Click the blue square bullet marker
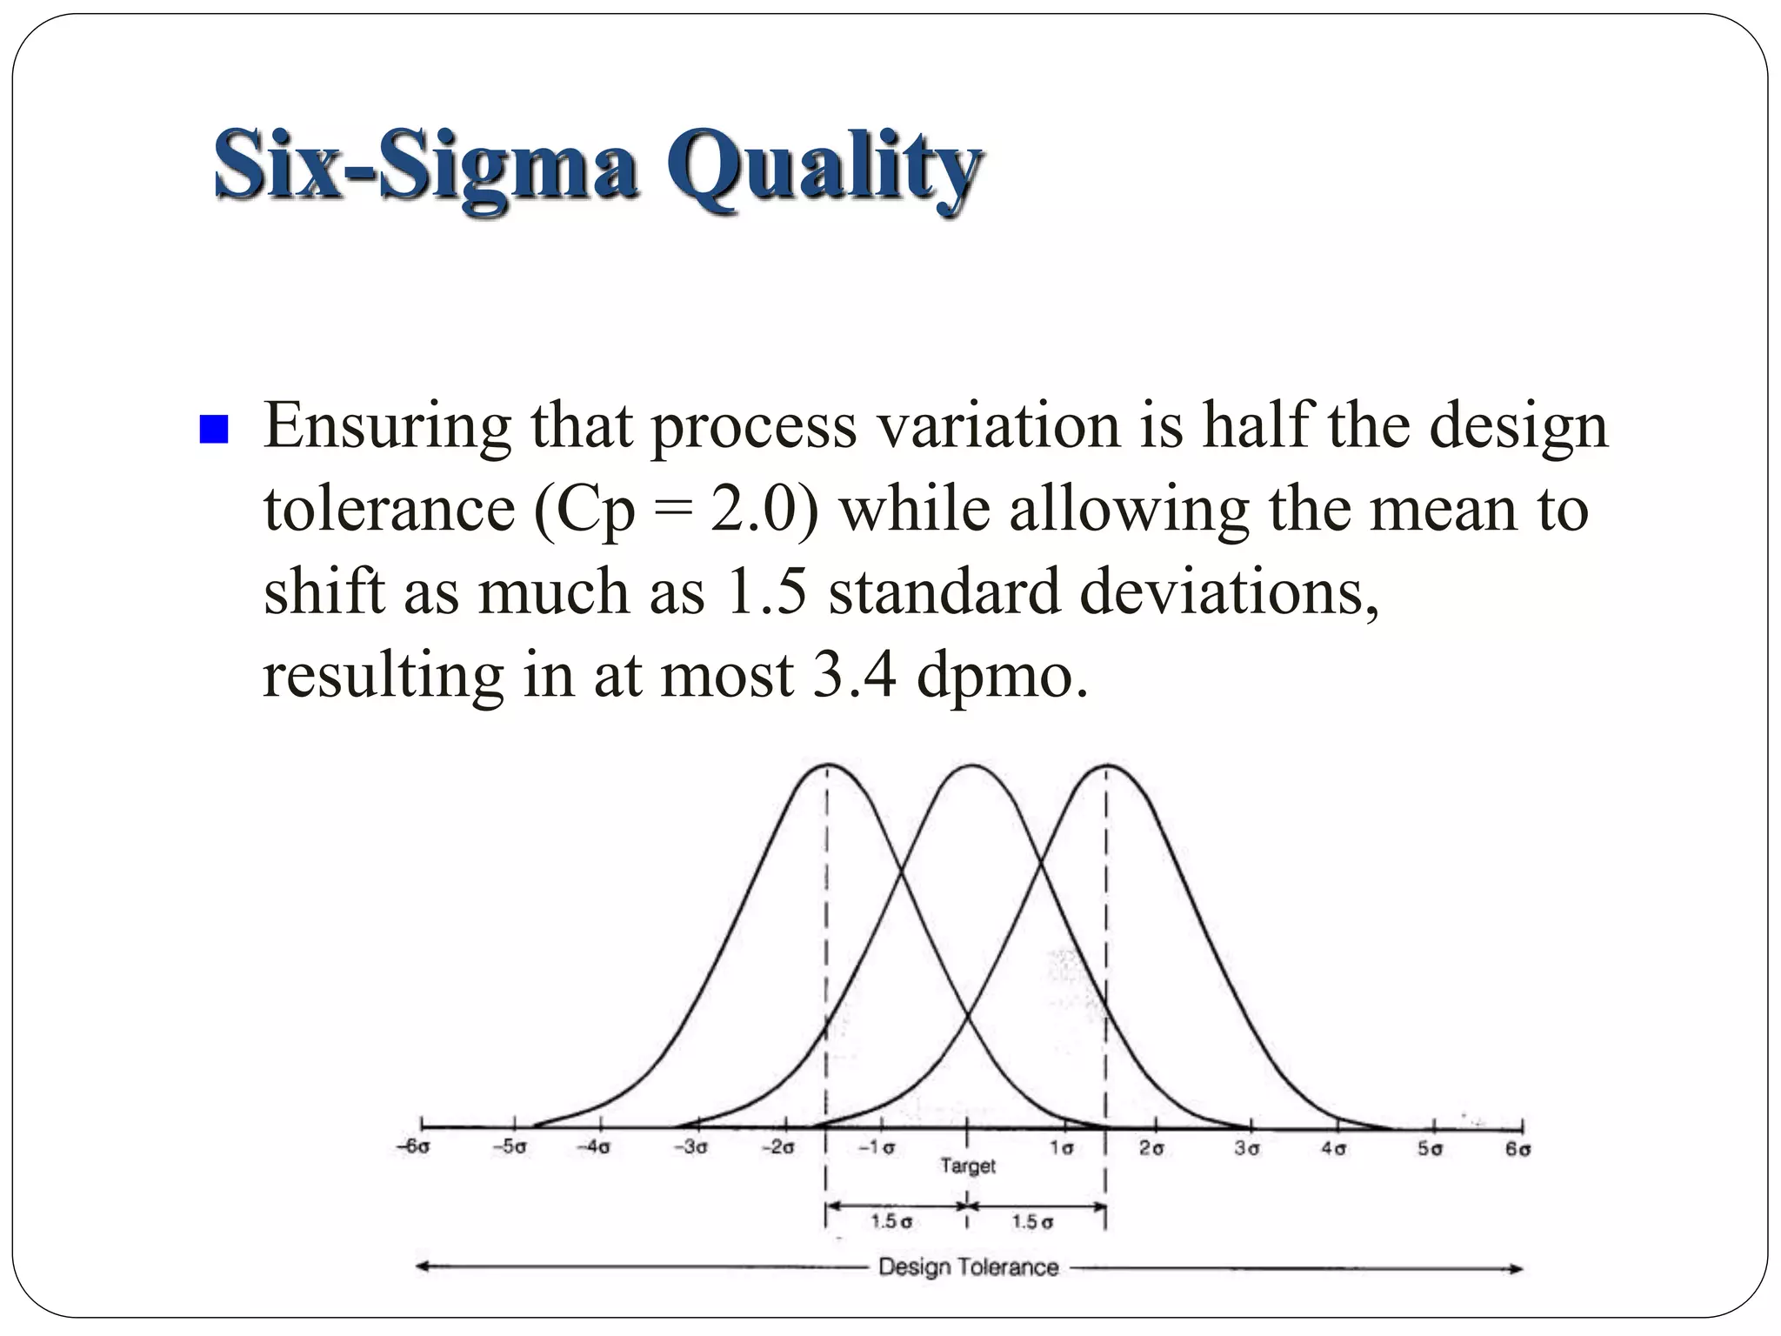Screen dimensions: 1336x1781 213,429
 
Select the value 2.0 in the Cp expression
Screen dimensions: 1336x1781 753,510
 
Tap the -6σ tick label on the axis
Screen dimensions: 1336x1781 414,1147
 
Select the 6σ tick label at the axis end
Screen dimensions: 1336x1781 1518,1149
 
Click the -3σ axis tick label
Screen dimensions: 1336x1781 690,1147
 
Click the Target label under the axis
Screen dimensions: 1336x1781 967,1166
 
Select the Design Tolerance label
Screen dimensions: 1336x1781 968,1267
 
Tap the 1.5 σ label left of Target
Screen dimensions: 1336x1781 891,1222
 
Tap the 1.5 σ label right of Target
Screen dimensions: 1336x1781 1032,1222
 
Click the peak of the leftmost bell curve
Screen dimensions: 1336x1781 827,765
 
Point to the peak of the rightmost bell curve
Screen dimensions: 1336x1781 1106,765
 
